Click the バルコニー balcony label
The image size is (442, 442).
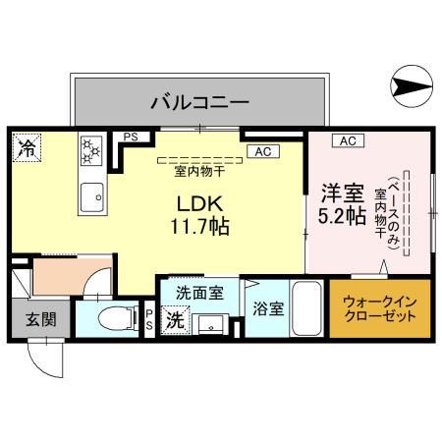pos(198,100)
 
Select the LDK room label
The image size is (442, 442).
pos(202,203)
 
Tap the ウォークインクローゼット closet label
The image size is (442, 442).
pos(379,309)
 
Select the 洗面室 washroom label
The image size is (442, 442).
pos(199,292)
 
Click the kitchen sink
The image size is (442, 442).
pos(92,195)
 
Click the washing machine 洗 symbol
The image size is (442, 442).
pos(174,319)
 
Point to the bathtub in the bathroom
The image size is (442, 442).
pos(307,310)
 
